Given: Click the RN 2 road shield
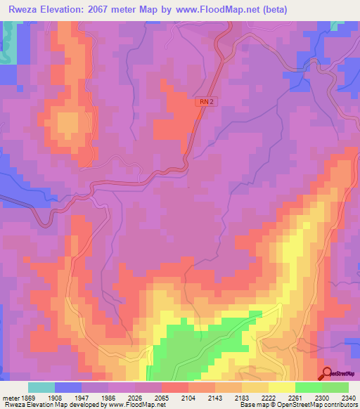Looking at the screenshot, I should (205, 102).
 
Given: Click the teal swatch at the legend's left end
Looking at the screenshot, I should (41, 387).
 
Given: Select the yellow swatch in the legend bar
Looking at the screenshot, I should (281, 387).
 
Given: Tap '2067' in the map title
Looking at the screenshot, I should (105, 8).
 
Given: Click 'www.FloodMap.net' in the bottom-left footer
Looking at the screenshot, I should (136, 405).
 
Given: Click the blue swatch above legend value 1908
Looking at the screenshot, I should (68, 387).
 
